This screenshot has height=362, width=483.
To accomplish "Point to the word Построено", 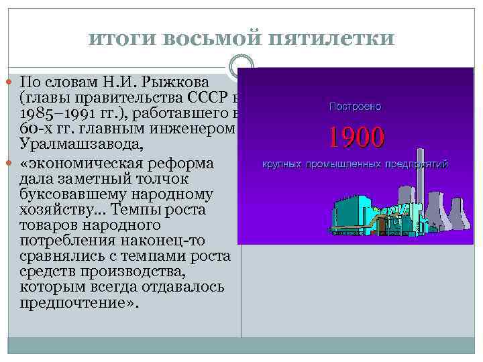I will click(356, 106).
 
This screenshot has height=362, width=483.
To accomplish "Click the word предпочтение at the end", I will click(72, 302).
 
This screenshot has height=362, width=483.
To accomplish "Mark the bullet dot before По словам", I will click(14, 82).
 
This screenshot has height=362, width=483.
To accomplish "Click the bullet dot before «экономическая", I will click(14, 165).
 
